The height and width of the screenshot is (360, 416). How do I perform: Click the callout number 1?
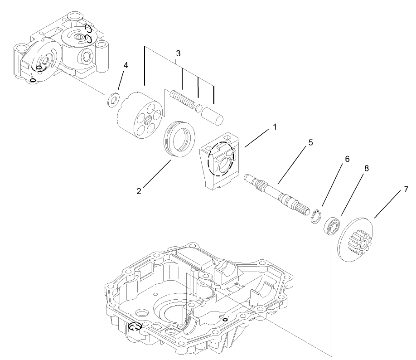[x=274, y=128]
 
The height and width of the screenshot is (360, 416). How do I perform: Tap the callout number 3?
[x=178, y=54]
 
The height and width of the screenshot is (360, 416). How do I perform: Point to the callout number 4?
[x=126, y=65]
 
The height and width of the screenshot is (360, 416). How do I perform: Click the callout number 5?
[x=310, y=142]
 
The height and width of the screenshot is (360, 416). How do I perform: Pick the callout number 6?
[x=347, y=159]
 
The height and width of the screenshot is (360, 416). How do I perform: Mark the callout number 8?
[x=366, y=168]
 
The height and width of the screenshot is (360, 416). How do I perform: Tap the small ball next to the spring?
[x=199, y=108]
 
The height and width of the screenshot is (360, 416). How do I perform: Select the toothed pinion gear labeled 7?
[x=359, y=238]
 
